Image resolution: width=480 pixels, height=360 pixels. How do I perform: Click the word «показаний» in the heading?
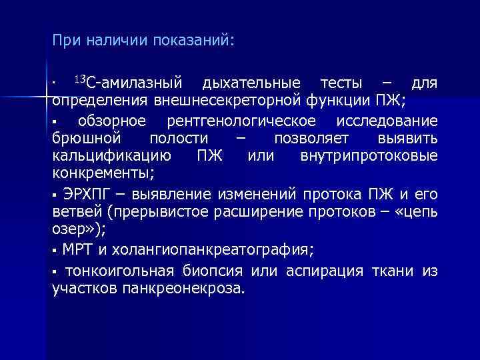coord(194,41)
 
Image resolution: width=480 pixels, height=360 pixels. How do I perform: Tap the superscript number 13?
coord(79,81)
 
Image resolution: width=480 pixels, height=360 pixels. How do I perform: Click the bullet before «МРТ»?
coord(55,251)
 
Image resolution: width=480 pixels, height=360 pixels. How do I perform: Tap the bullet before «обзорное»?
coord(55,121)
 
